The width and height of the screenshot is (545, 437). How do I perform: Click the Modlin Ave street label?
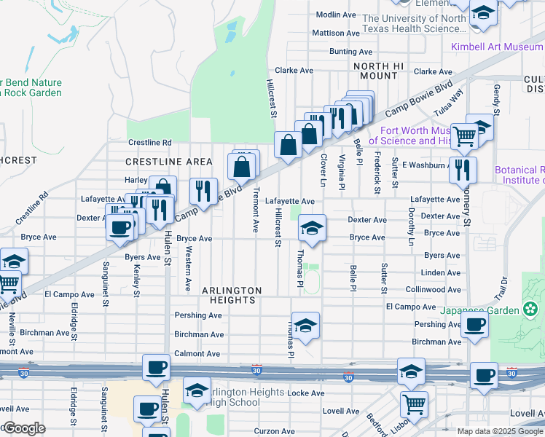coord(336,15)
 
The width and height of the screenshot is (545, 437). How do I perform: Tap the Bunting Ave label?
coord(351,52)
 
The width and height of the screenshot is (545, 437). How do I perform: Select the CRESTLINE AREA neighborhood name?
coord(169,161)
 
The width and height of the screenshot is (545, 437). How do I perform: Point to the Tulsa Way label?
coord(449,103)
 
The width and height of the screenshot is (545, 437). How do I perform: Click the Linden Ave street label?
coord(442,273)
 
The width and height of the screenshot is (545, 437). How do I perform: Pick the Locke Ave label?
coord(306,393)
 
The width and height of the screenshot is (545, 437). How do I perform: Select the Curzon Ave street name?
coord(275,431)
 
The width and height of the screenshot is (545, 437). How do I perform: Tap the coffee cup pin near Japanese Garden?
coord(475,325)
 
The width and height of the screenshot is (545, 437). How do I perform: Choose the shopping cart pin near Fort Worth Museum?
coord(464,135)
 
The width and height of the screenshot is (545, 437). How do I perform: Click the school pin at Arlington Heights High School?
coord(196,392)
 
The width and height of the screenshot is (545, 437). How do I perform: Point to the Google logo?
coord(25,428)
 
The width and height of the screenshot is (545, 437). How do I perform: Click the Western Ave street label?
coord(188,268)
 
